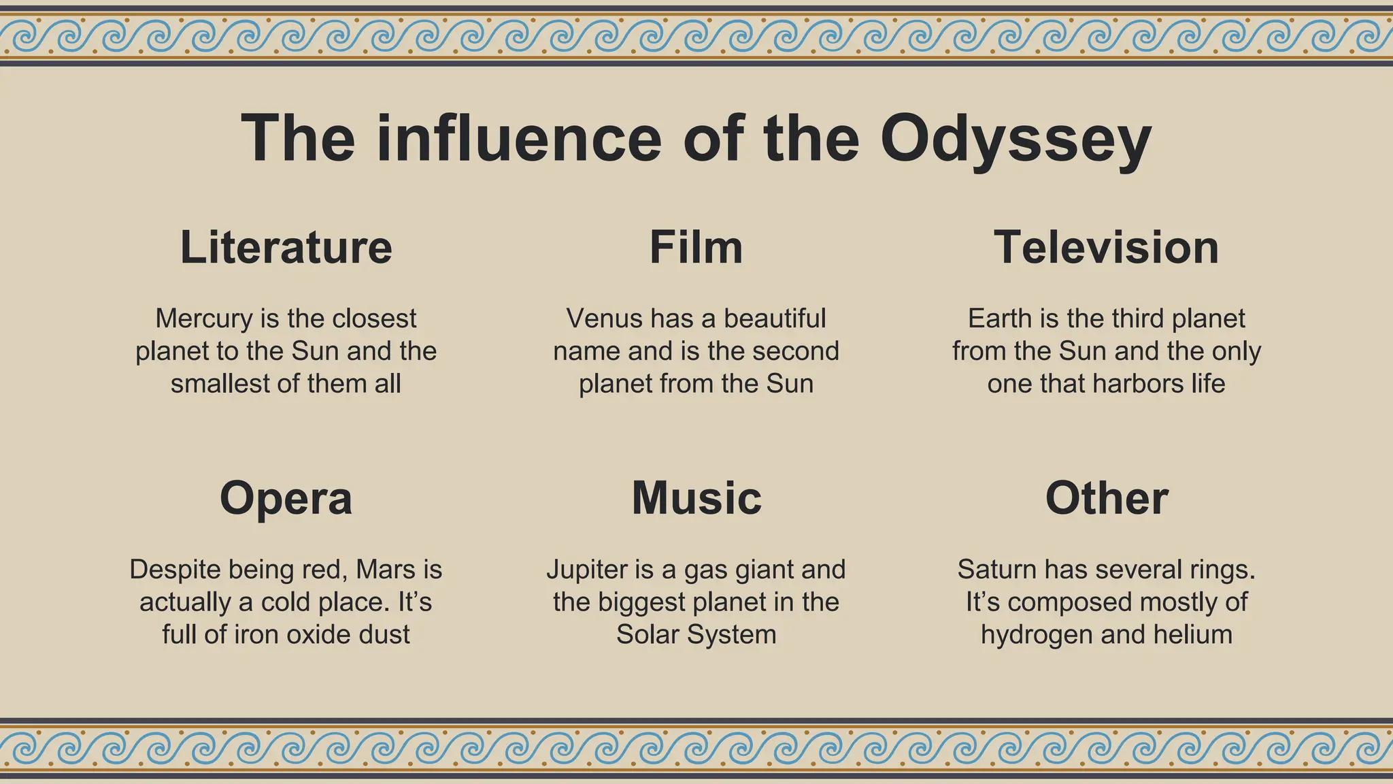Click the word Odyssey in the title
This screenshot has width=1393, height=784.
[x=1015, y=140]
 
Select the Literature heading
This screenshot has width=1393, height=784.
[x=286, y=247]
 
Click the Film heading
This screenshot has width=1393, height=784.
[x=696, y=247]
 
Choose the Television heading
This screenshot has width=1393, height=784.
[x=1106, y=247]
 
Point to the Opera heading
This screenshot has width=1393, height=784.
[x=286, y=498]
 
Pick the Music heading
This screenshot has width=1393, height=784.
[x=696, y=498]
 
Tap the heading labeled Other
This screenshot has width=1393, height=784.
[x=1106, y=498]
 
